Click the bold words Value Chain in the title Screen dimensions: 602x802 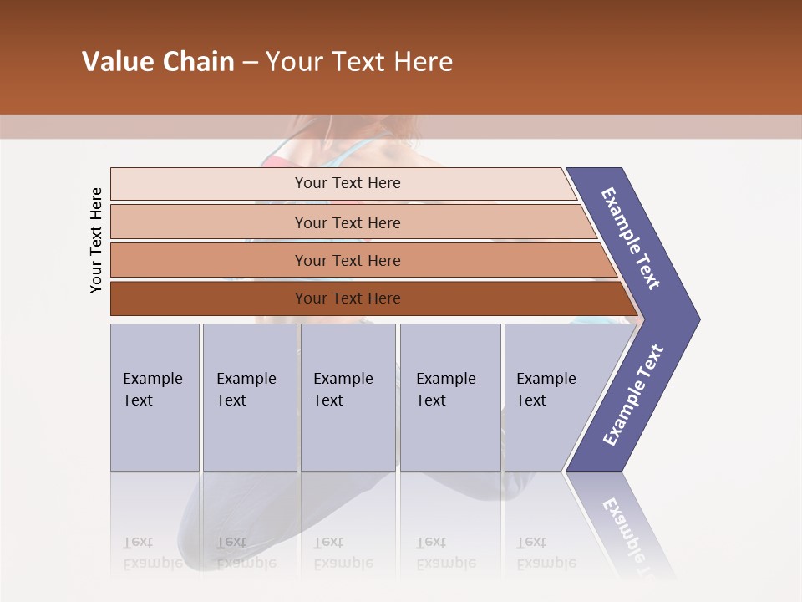pos(158,62)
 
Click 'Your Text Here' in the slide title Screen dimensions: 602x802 pos(359,62)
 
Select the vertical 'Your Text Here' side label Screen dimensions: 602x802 pos(96,240)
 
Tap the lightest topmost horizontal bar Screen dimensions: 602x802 pos(347,183)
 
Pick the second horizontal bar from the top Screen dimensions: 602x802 pos(347,222)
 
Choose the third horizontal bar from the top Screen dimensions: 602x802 pos(347,260)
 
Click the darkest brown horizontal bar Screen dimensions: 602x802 pos(347,298)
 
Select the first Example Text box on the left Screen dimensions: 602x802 pos(155,396)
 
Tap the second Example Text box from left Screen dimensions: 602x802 pos(249,396)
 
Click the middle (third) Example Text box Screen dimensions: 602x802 pos(348,396)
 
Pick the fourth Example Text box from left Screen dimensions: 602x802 pos(449,396)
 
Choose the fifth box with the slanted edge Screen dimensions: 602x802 pos(551,396)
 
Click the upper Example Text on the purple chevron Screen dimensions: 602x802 pos(631,238)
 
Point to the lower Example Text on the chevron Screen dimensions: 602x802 pos(632,395)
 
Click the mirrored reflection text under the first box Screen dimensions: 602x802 pos(152,553)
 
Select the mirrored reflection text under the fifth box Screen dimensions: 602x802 pos(546,553)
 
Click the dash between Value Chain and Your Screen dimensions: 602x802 pos(250,63)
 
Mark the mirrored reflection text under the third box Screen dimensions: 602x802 pos(343,553)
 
